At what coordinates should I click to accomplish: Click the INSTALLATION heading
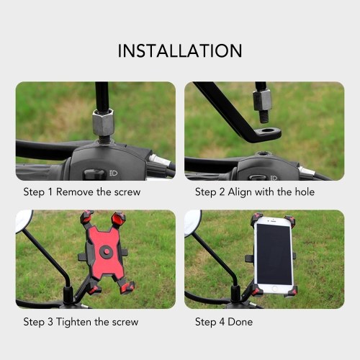(x=180, y=50)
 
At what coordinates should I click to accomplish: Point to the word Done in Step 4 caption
(x=240, y=322)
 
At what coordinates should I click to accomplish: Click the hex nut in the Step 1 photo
(x=103, y=122)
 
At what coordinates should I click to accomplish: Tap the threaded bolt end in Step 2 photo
(x=264, y=117)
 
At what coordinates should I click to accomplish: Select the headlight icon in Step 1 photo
(x=114, y=173)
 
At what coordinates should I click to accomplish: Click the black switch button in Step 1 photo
(x=95, y=174)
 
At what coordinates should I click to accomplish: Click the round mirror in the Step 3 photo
(x=24, y=221)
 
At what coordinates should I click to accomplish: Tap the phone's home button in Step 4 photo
(x=275, y=289)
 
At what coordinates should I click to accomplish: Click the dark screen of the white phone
(x=274, y=254)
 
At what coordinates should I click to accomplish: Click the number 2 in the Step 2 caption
(x=222, y=192)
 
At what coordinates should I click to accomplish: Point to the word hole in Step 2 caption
(x=305, y=192)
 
